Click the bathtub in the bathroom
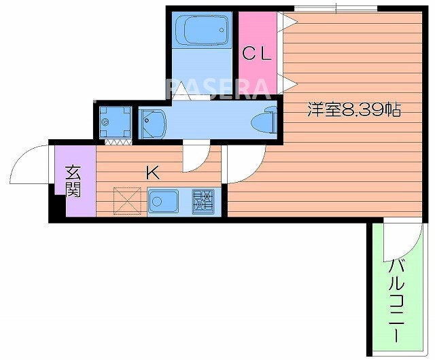click(201, 30)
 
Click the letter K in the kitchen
click(152, 172)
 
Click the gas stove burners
click(203, 201)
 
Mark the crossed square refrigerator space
click(126, 200)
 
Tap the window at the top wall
click(336, 8)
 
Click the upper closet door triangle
click(288, 21)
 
